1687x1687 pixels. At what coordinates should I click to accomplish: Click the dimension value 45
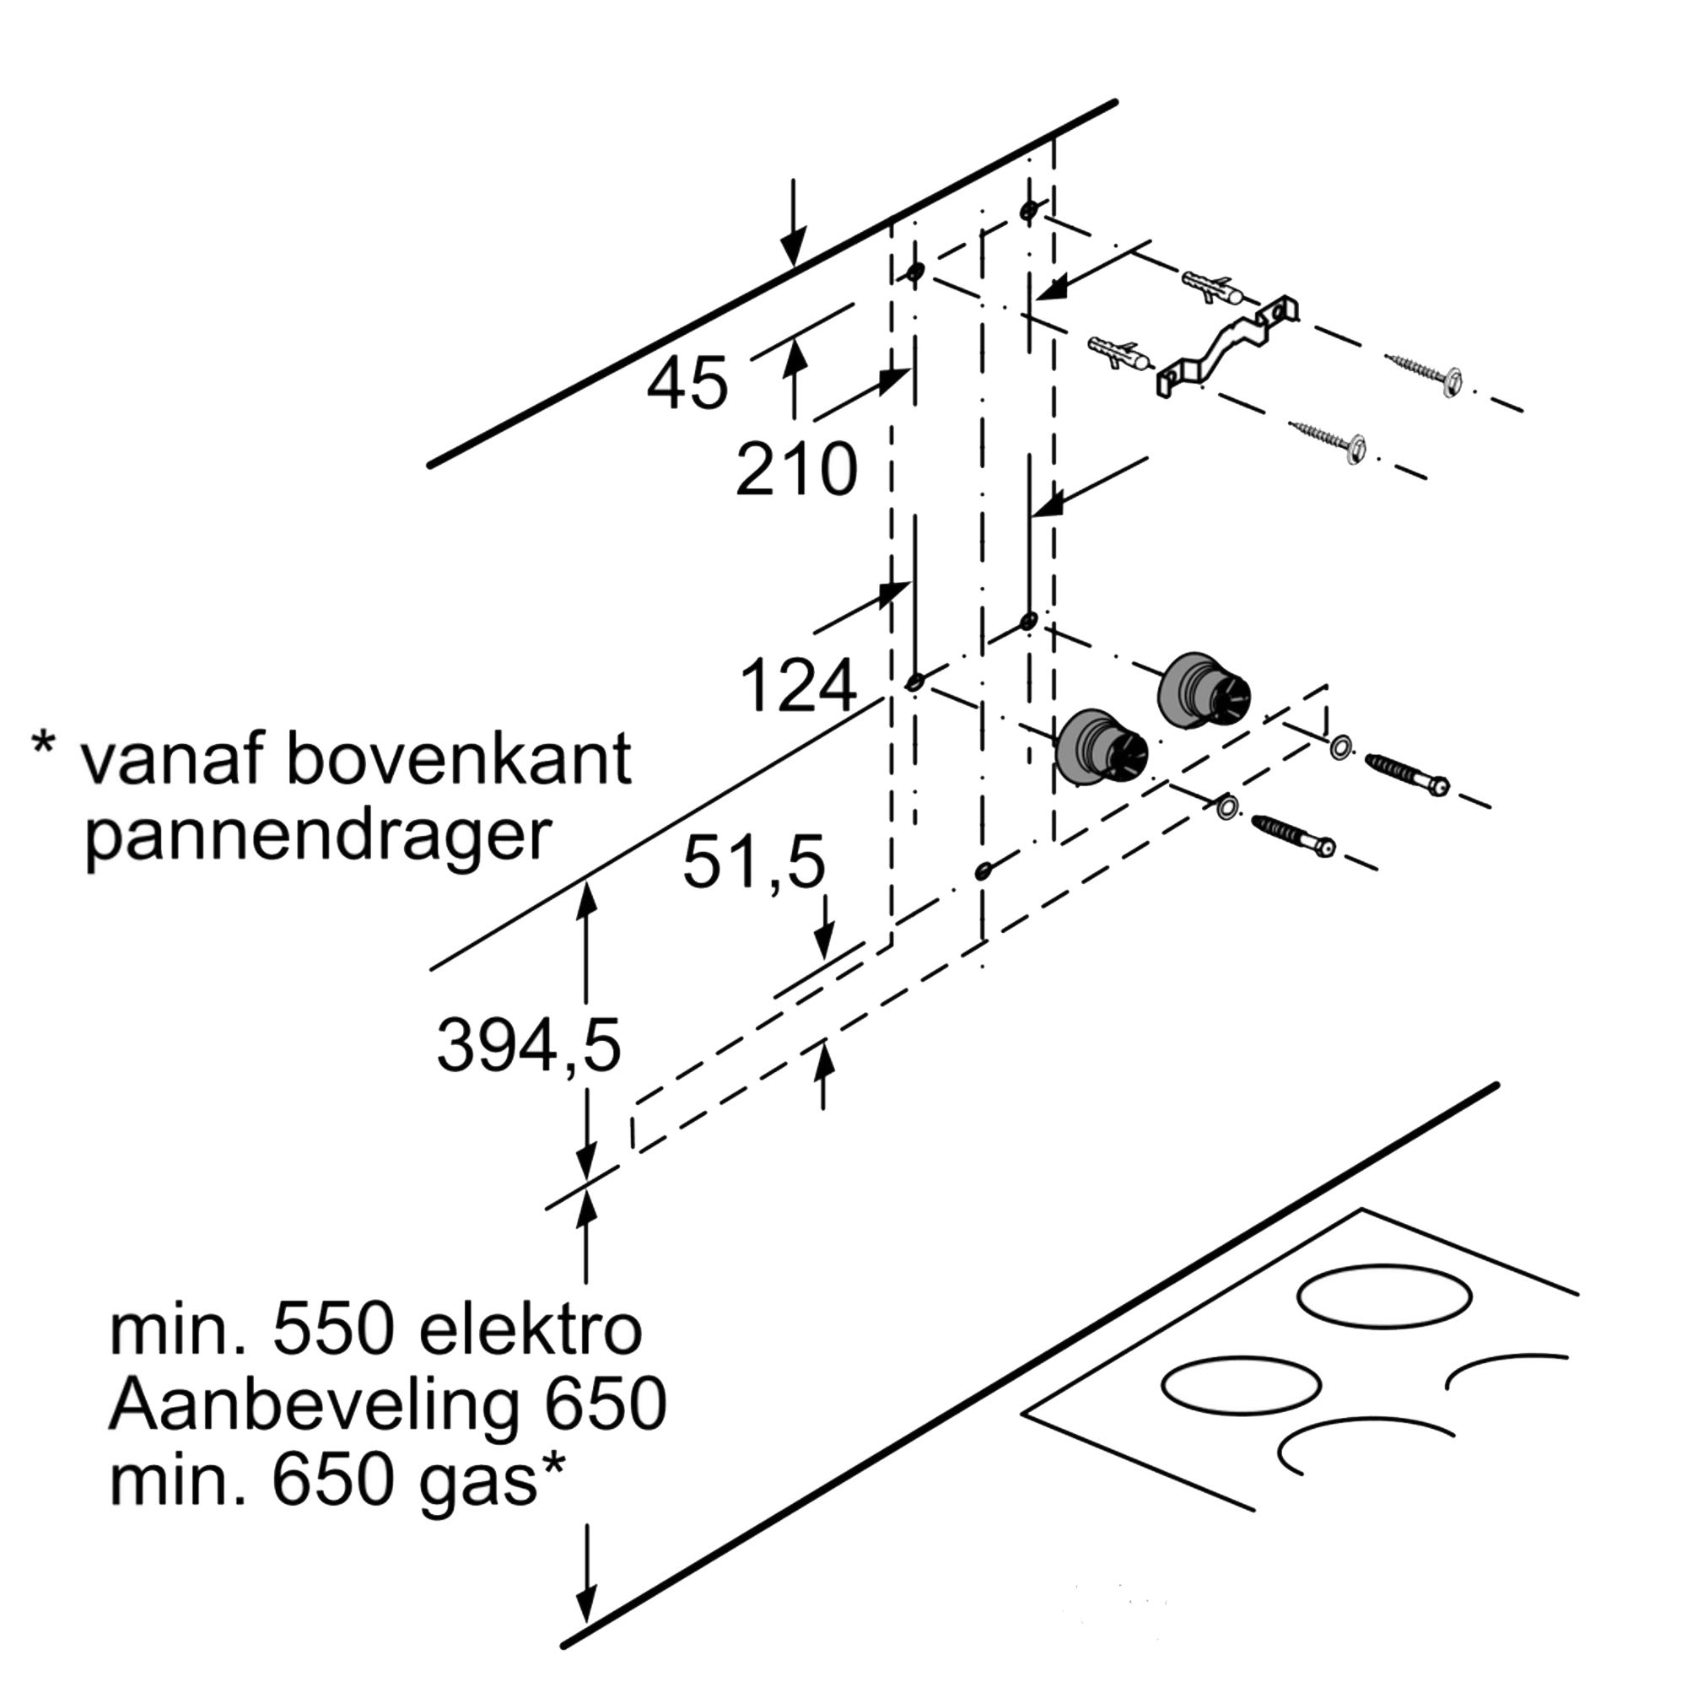point(687,383)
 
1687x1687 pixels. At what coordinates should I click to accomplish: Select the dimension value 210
point(796,470)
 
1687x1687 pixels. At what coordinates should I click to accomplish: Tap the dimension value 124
point(798,685)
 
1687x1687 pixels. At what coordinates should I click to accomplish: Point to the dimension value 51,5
point(753,861)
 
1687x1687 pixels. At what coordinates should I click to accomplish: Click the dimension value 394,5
point(528,1045)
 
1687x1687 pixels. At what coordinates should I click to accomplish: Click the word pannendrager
point(318,838)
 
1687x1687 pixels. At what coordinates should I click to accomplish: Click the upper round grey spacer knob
point(1204,690)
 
